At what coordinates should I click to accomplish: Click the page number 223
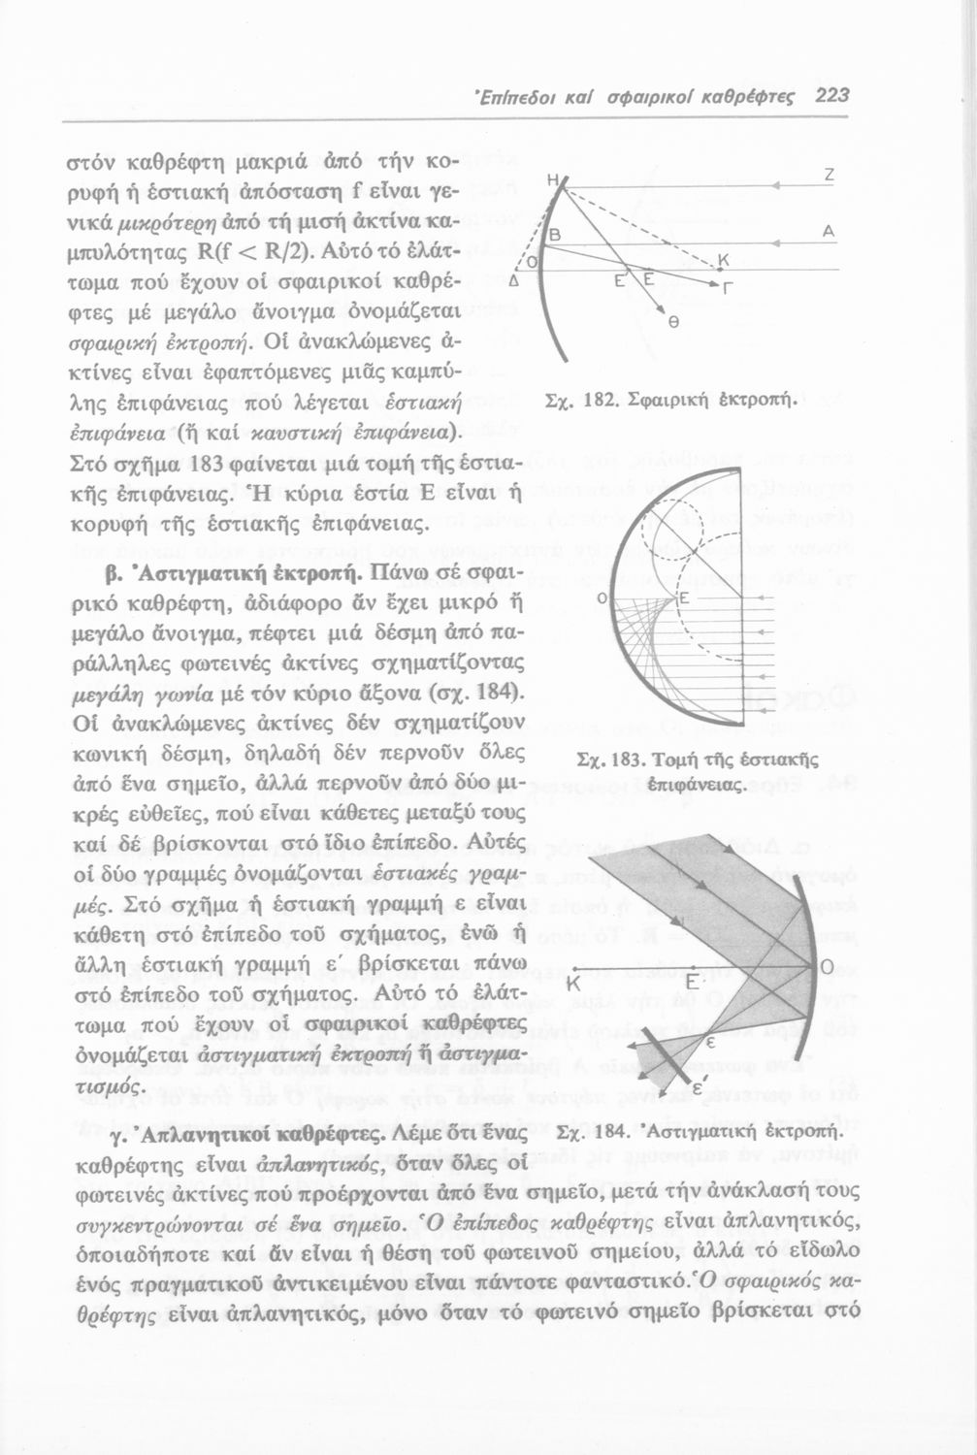point(832,95)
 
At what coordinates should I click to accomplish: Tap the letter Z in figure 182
point(829,176)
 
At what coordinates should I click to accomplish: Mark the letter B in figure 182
point(557,237)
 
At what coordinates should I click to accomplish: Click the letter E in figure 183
point(683,599)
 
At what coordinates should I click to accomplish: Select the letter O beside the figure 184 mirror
point(827,967)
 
